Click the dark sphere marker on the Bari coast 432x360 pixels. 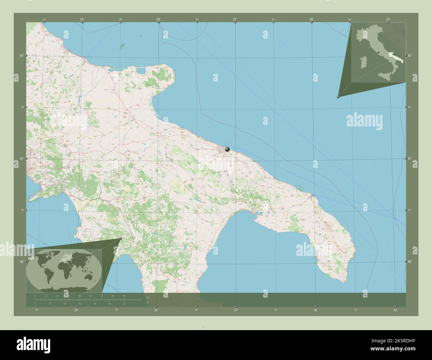227,149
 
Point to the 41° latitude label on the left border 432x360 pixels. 21,159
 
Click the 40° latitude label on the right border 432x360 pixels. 409,262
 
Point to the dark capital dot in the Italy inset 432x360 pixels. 378,52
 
